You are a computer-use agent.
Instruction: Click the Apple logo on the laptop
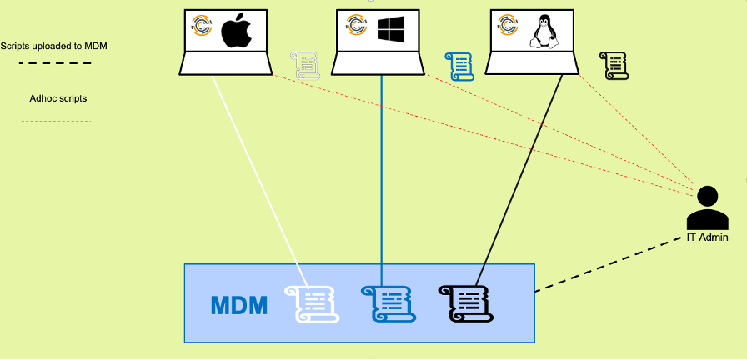(x=236, y=32)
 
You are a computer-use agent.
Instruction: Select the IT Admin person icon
(x=708, y=207)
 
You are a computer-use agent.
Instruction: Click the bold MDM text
(x=238, y=305)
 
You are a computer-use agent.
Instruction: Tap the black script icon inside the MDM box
(x=464, y=302)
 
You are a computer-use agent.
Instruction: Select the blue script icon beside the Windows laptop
(x=459, y=66)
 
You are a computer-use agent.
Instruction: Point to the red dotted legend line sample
(x=55, y=122)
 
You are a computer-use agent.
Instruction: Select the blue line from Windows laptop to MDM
(x=383, y=167)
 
